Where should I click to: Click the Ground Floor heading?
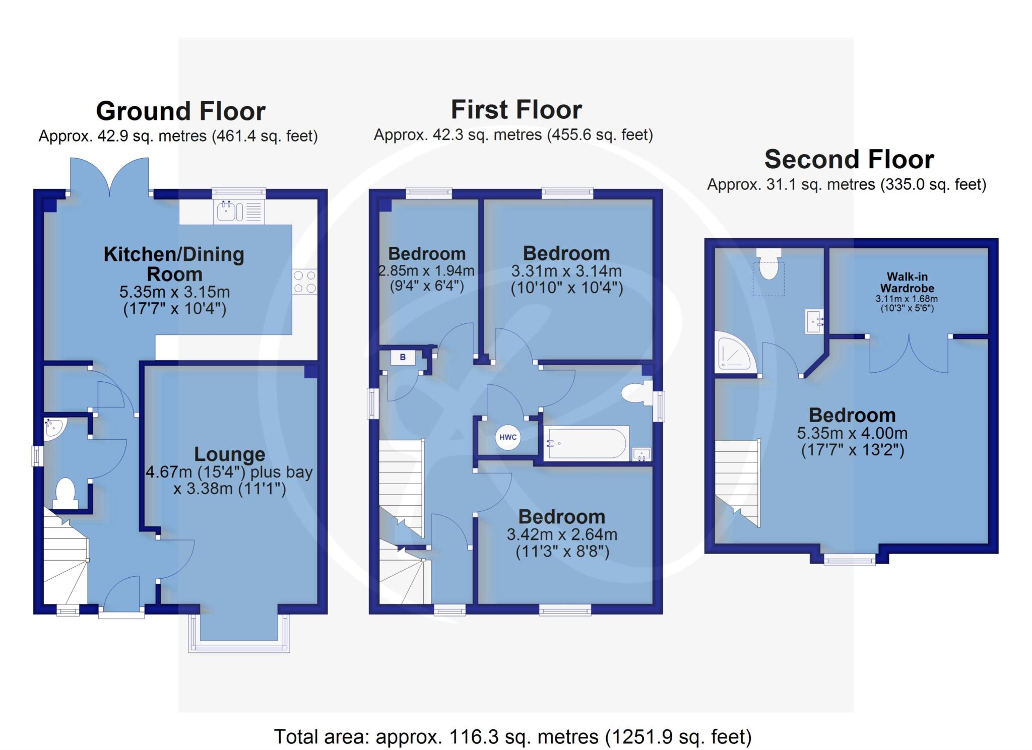coord(180,111)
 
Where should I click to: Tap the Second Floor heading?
coord(849,159)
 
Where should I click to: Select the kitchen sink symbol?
coord(239,212)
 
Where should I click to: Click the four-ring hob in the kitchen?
coord(305,282)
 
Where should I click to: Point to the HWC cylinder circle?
coord(508,437)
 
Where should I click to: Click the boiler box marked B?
coord(403,358)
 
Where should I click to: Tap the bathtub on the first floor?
coord(587,443)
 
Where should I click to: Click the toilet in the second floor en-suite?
coord(768,264)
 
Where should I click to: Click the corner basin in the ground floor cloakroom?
coord(52,429)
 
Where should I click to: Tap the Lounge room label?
coord(229,454)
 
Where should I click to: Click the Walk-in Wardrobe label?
coord(907,282)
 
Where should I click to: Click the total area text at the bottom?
coord(513,737)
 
